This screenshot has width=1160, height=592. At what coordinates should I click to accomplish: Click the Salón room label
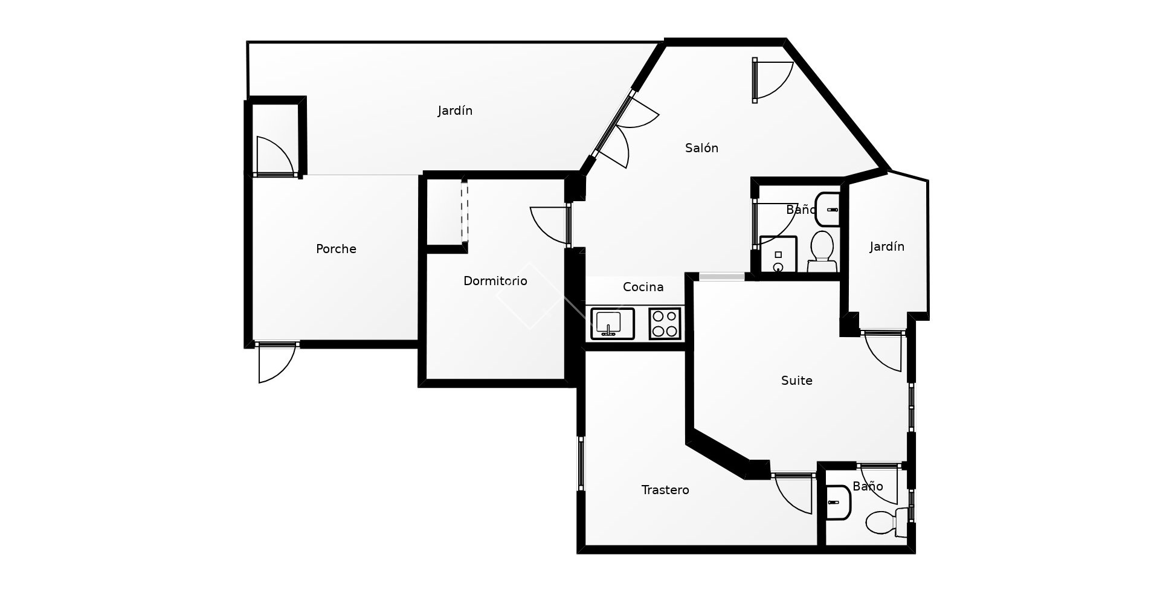701,148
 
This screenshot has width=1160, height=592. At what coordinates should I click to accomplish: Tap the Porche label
336,249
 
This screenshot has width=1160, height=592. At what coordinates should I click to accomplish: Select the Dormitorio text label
495,281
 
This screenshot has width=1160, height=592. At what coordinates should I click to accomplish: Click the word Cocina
643,287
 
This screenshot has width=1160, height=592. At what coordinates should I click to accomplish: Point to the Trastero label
665,490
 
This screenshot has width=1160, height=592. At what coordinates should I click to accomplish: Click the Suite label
796,381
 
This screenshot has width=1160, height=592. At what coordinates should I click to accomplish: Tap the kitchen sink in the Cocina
612,323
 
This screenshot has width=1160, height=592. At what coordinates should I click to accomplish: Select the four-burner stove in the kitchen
665,323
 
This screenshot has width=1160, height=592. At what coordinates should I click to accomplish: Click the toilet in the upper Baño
822,251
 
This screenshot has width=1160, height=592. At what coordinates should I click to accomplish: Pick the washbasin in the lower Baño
838,503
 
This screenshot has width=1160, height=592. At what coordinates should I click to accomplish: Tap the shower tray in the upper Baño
778,255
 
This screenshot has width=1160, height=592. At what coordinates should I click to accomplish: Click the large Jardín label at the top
455,111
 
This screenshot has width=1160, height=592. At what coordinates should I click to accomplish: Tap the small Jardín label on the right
887,246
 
